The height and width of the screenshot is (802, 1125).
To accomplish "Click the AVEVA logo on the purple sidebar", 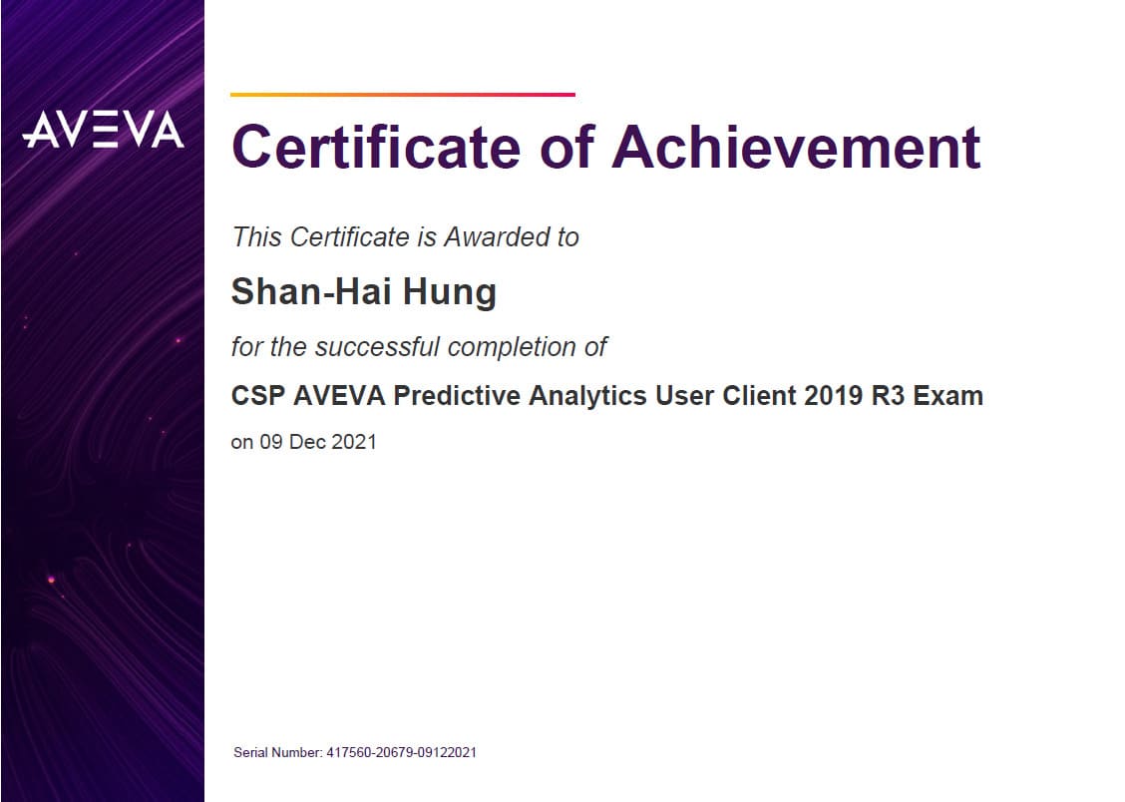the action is [x=104, y=129].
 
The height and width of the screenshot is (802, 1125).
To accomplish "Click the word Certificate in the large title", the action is [x=376, y=147].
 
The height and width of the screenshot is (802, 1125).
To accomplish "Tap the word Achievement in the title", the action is [x=796, y=147].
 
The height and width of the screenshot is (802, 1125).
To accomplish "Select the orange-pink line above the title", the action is [x=403, y=94].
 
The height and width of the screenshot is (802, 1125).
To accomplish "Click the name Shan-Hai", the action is [x=311, y=291].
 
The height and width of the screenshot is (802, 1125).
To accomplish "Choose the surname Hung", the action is [x=449, y=292].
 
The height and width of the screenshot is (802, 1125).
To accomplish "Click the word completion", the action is [x=512, y=348].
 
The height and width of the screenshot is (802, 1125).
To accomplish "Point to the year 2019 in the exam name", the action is [x=833, y=395].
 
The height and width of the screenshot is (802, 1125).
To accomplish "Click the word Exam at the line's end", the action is [x=947, y=395].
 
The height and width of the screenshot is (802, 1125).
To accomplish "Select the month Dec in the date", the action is [x=307, y=442].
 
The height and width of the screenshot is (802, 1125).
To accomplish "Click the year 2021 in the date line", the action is [x=354, y=442].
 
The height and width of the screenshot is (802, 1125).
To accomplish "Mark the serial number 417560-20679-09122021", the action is [x=402, y=752].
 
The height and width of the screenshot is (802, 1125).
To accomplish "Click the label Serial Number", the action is [x=277, y=752].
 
